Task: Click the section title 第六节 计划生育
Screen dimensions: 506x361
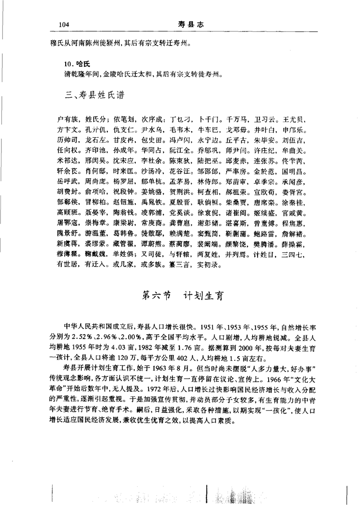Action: (x=181, y=297)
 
